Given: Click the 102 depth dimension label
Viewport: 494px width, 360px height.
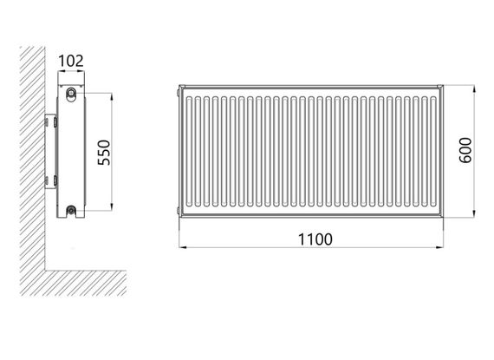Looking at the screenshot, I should [x=70, y=61].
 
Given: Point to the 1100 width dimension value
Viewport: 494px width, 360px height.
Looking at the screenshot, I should [x=311, y=239].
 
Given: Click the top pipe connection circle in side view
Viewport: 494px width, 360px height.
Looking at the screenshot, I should [x=71, y=90].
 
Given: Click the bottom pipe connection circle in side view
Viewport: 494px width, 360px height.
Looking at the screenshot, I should [x=71, y=209].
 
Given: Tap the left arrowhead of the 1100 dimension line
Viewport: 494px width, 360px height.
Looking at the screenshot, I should [x=183, y=247].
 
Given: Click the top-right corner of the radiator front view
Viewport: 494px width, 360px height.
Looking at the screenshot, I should [x=442, y=86].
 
